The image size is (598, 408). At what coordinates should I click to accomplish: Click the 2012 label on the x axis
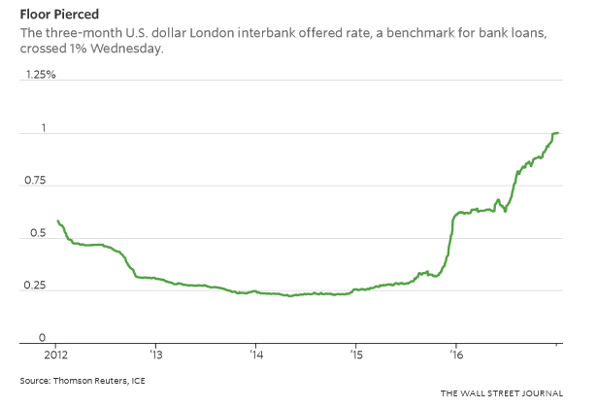pos(55,355)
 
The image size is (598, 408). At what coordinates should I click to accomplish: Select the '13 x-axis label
pos(154,355)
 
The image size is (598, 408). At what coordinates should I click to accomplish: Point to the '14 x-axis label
pos(255,355)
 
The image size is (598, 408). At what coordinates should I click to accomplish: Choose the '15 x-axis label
pos(356,355)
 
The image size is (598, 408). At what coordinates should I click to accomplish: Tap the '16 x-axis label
pos(456,355)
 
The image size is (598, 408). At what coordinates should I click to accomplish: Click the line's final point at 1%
pos(557,133)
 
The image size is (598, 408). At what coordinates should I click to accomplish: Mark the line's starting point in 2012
pos(57,221)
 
